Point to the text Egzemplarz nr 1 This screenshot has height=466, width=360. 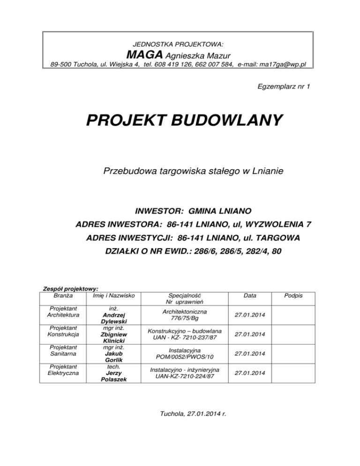point(284,87)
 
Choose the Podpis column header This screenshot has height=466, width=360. point(295,296)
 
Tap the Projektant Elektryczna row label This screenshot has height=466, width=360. point(64,369)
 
